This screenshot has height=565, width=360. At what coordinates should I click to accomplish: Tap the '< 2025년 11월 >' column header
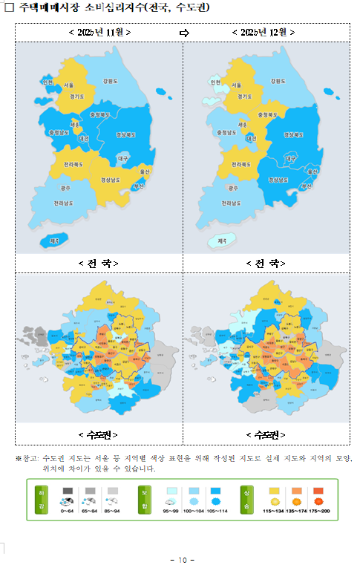[x=99, y=33]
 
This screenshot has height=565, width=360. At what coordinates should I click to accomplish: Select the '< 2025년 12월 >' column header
[x=264, y=33]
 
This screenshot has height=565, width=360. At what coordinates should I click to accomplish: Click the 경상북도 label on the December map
[x=295, y=135]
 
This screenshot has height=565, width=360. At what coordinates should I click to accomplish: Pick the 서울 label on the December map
[x=236, y=85]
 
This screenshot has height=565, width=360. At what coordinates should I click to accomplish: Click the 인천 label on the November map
[x=48, y=82]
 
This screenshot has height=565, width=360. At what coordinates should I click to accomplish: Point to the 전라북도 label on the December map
[x=241, y=163]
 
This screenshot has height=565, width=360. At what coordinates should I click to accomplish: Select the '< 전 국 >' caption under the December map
[x=266, y=263]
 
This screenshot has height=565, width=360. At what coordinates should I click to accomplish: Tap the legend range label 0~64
[x=68, y=511]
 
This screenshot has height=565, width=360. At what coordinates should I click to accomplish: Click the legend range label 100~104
[x=195, y=511]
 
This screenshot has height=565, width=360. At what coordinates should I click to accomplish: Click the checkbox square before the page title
[x=10, y=8]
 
